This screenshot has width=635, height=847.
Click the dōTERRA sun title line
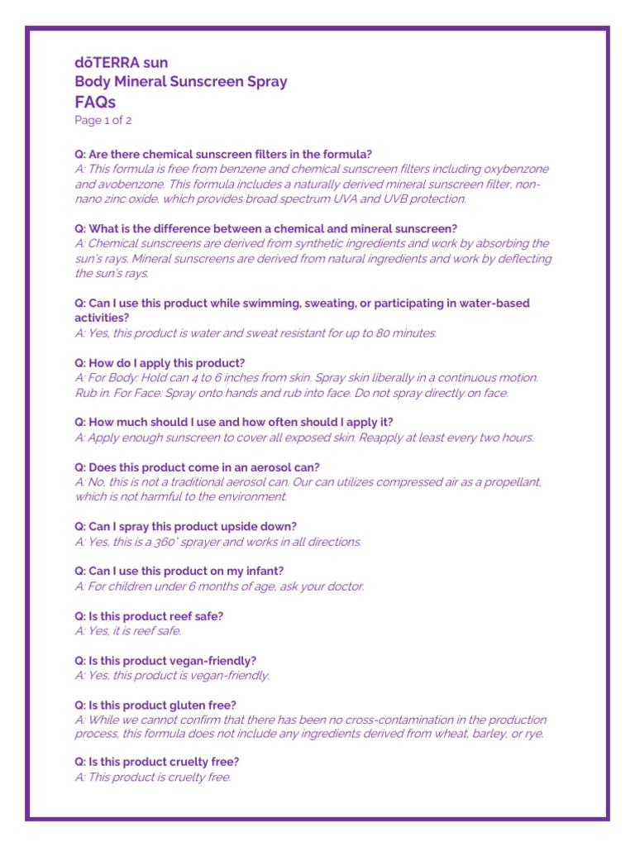click(121, 63)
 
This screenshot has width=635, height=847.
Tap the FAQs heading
click(95, 103)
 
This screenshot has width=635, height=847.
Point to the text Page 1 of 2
click(103, 120)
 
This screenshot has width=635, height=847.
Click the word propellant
click(509, 481)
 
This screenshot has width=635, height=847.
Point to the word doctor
click(343, 586)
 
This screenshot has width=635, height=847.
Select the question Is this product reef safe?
click(149, 616)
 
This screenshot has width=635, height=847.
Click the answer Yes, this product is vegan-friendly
click(172, 676)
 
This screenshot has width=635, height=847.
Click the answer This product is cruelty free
click(153, 778)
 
